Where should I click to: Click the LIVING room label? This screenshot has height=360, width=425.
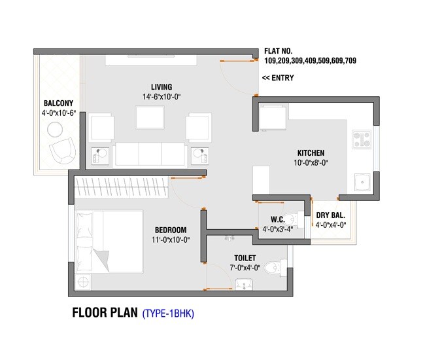161,87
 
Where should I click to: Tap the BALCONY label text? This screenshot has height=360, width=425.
58,103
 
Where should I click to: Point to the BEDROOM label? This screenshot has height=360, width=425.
171,230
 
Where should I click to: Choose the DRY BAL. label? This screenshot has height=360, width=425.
330,215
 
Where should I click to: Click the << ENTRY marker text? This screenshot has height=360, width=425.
278,78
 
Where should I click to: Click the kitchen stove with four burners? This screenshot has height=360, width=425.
362,139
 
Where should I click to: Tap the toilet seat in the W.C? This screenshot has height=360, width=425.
295,219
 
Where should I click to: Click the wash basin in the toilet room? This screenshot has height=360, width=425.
244,284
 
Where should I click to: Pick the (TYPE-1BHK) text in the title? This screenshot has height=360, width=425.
168,314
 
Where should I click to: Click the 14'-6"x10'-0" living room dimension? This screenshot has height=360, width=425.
161,97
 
